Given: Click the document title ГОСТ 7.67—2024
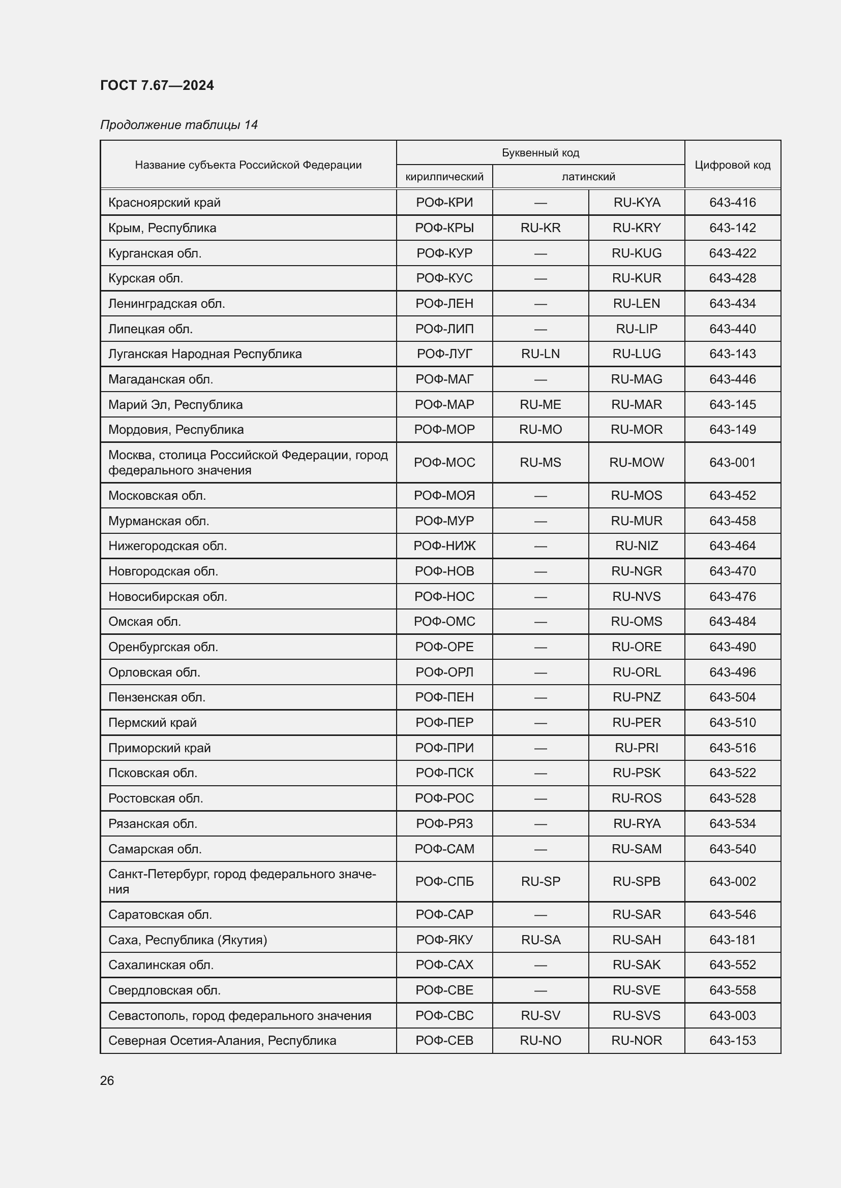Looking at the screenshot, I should (157, 85).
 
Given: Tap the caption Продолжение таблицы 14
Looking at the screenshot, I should (178, 125).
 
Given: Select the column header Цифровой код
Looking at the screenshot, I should (732, 165).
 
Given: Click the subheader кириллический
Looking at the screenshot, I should (444, 176).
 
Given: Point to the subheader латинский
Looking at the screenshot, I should (588, 176).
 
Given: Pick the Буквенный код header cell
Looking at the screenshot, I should (540, 153).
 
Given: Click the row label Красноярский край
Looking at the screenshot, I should (164, 202).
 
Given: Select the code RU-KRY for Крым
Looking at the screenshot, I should (637, 228).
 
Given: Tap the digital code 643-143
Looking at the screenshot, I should (732, 354).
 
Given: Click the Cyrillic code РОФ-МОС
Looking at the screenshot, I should (444, 463).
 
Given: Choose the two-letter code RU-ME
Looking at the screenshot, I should (540, 405).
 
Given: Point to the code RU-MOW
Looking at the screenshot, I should (637, 463).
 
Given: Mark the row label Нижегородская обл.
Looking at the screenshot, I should (167, 546).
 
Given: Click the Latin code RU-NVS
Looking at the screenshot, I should (637, 597).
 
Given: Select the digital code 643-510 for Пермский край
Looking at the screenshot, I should (732, 722).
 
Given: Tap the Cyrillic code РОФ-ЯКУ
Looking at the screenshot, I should (444, 940).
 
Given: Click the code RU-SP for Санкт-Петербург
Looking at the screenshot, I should (540, 881).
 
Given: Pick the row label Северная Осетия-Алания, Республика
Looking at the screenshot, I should (222, 1040).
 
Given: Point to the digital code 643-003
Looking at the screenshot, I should (732, 1015).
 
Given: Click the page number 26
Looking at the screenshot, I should (107, 1080).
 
